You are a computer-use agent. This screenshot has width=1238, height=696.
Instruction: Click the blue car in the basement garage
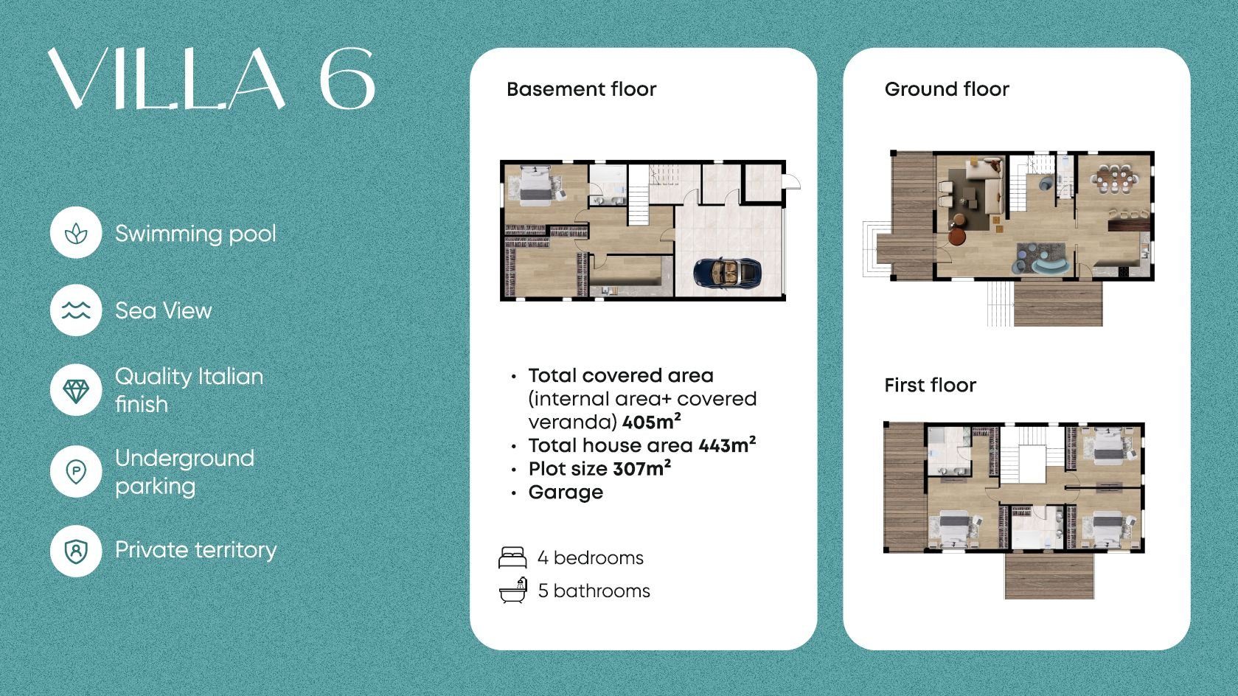[727, 272]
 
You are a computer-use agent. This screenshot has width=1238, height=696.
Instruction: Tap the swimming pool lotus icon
[76, 233]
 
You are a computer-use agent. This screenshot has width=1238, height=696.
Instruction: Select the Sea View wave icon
[76, 310]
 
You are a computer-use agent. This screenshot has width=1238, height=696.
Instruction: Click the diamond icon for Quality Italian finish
[76, 390]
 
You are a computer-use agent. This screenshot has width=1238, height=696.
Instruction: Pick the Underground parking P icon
[76, 472]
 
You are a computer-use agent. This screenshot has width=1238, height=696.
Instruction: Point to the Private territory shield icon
[76, 551]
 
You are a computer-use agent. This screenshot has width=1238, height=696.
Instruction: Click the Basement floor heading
[581, 89]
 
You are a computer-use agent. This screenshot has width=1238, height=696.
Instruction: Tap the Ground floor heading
[947, 89]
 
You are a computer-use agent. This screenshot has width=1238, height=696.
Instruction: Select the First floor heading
[930, 386]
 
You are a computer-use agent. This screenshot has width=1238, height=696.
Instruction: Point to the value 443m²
[727, 445]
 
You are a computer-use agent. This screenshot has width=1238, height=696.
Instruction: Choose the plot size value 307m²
[641, 468]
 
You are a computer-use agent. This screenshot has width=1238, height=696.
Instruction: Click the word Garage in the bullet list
[566, 492]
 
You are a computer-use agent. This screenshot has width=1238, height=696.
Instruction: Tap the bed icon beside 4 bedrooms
[512, 558]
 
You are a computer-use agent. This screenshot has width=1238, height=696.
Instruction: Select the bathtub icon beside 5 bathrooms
[513, 590]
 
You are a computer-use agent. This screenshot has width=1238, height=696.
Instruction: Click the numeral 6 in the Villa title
[347, 78]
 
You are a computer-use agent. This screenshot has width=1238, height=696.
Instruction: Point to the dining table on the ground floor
[1114, 178]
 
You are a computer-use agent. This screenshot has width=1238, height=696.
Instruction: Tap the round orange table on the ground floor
[956, 236]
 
